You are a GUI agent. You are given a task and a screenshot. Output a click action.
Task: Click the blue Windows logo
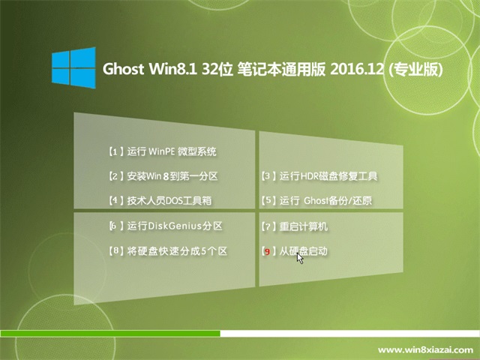coord(73,67)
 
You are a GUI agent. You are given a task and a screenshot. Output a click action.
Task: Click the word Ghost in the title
coord(123,69)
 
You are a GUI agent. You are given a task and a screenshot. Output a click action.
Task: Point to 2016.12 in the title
coord(357,69)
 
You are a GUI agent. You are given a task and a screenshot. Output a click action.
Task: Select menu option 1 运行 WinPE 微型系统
coord(163,151)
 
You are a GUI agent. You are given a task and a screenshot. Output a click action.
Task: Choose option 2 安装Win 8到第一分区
coord(163,176)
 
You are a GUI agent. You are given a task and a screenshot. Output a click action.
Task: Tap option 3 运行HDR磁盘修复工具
coord(319,176)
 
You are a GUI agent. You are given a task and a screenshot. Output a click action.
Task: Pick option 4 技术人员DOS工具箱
coord(160,201)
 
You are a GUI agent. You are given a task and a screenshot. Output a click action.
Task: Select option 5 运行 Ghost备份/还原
coord(316,201)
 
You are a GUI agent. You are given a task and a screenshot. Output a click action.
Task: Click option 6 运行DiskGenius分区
coord(166,226)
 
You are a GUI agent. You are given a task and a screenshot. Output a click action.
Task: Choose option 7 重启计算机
coord(295,226)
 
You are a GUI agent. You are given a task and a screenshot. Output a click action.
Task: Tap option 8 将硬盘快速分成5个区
coord(168,251)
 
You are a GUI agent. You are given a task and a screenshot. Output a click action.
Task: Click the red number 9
coord(267,252)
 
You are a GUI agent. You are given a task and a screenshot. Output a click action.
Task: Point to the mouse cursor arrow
coord(300,258)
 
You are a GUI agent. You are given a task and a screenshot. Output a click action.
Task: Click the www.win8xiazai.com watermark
coord(425,349)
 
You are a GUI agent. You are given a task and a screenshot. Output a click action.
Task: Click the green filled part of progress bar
coord(110,333)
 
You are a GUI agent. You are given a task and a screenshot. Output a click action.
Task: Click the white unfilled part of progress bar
coord(350,333)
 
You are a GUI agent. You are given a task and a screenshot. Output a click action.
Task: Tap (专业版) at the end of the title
coord(415,70)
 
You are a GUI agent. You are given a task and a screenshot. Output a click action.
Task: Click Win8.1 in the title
coord(172,69)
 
